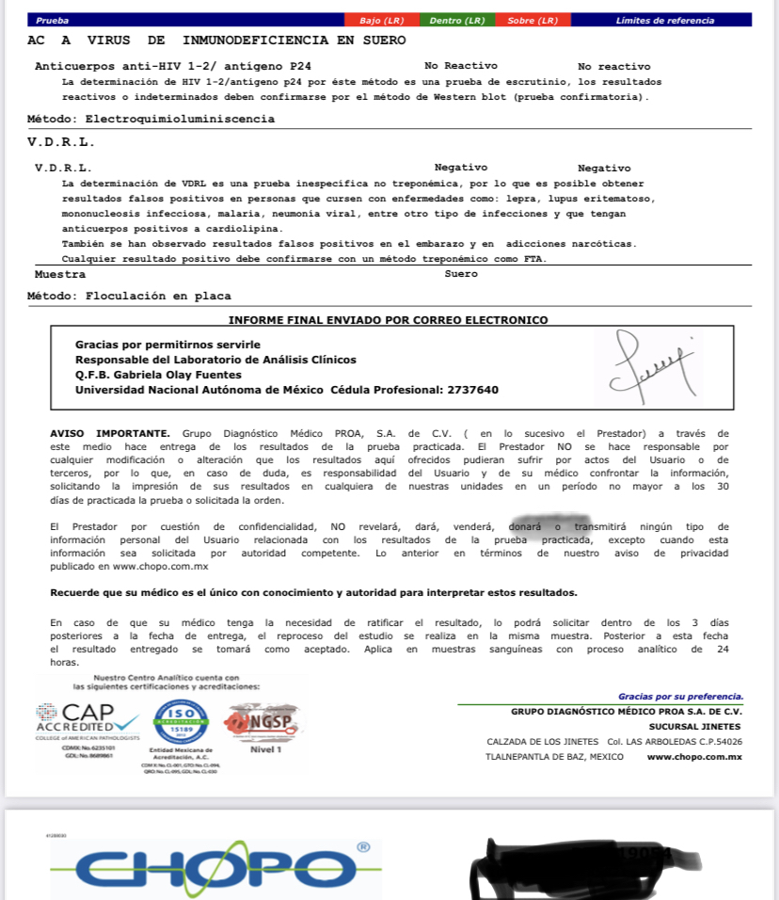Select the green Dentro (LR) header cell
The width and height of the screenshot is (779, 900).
[x=457, y=20]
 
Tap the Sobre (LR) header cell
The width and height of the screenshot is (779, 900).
[x=533, y=20]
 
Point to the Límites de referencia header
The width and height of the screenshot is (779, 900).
[x=664, y=20]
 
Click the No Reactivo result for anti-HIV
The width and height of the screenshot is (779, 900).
[x=457, y=66]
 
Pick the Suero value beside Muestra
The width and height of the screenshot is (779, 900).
[x=461, y=274]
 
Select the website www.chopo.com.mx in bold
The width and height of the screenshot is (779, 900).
[x=694, y=757]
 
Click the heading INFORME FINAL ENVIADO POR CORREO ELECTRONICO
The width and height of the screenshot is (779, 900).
[x=388, y=320]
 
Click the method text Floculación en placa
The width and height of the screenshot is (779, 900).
[x=158, y=296]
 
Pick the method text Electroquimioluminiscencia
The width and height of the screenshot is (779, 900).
[x=180, y=120]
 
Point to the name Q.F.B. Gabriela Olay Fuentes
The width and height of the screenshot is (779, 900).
[x=158, y=375]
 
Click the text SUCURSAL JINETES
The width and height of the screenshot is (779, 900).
[x=694, y=727]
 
